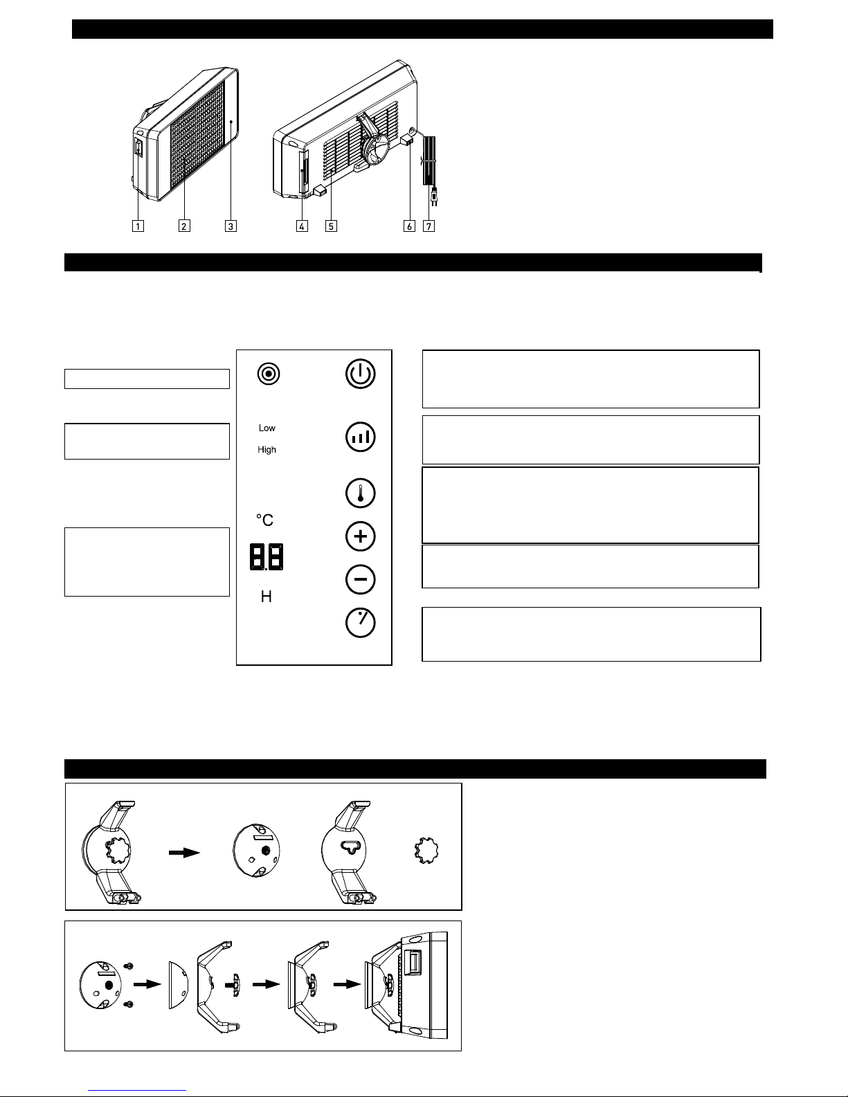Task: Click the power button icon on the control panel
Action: (x=360, y=374)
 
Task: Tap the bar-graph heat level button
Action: (x=360, y=437)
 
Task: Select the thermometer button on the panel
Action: (x=360, y=493)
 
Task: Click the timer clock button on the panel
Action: (x=360, y=622)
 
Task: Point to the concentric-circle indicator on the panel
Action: (x=268, y=374)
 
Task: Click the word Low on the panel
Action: (x=267, y=428)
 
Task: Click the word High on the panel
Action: (x=267, y=450)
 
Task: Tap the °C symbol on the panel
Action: (x=264, y=520)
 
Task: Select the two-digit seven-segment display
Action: (x=267, y=557)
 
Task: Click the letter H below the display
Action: (x=266, y=597)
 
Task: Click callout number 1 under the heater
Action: (x=138, y=226)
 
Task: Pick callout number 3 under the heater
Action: (x=231, y=226)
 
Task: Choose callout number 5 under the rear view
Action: (x=331, y=226)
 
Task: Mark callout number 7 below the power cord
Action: (x=428, y=226)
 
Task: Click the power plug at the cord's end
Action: (x=433, y=197)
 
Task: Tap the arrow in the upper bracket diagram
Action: (x=184, y=853)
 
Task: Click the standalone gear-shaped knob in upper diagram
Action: (x=426, y=851)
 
